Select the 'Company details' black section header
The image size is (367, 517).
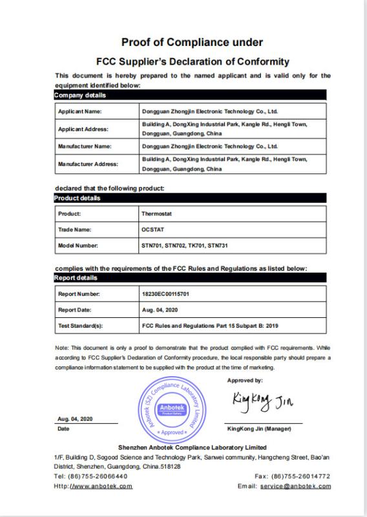pyautogui.click(x=80, y=96)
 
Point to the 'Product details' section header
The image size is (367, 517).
pyautogui.click(x=76, y=198)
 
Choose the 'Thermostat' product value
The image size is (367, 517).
pyautogui.click(x=156, y=213)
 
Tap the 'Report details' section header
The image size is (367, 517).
pyautogui.click(x=76, y=278)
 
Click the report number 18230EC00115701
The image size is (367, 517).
pyautogui.click(x=165, y=294)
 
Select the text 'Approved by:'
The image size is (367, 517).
pyautogui.click(x=245, y=381)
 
